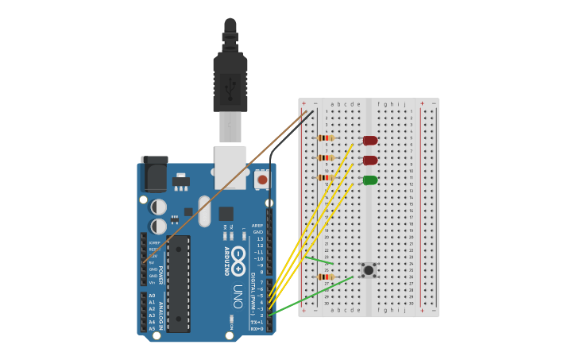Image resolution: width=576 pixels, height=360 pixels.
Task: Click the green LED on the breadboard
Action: coord(370,180)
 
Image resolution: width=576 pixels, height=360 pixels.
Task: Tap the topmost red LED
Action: coord(370,141)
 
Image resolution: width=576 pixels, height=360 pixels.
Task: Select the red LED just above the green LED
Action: coord(370,161)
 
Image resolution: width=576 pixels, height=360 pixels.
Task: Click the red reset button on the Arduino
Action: coord(261,180)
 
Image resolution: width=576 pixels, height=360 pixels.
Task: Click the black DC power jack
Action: coord(154,174)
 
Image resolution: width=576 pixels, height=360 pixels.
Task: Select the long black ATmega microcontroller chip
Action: coord(179,283)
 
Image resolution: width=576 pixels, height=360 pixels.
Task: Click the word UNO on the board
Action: coord(237,296)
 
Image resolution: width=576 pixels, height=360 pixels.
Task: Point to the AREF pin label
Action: coord(257,226)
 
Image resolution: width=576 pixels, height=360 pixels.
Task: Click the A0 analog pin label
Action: coord(152,296)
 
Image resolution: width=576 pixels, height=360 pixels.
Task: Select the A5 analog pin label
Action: coord(152,328)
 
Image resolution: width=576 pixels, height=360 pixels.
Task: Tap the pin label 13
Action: coord(259,239)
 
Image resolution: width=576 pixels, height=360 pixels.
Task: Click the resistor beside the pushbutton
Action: coord(325,277)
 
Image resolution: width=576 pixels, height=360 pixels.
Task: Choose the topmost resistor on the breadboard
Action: coord(325,137)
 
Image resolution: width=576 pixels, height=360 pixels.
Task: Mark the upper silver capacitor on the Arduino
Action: coord(159,207)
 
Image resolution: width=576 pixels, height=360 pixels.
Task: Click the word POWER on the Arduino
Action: coord(160,275)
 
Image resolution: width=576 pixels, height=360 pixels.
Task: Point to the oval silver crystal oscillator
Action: coord(204,211)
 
